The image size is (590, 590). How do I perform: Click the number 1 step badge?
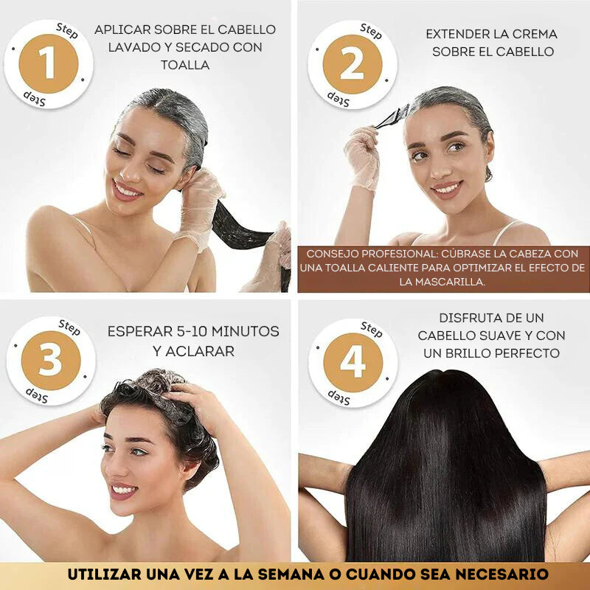click(x=48, y=63)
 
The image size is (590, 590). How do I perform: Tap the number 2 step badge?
click(x=352, y=64)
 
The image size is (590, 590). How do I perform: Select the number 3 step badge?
click(x=50, y=361)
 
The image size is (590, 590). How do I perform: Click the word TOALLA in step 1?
click(x=185, y=65)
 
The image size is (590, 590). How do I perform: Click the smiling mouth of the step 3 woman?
click(x=123, y=489)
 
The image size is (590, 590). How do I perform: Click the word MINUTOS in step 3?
click(x=244, y=331)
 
